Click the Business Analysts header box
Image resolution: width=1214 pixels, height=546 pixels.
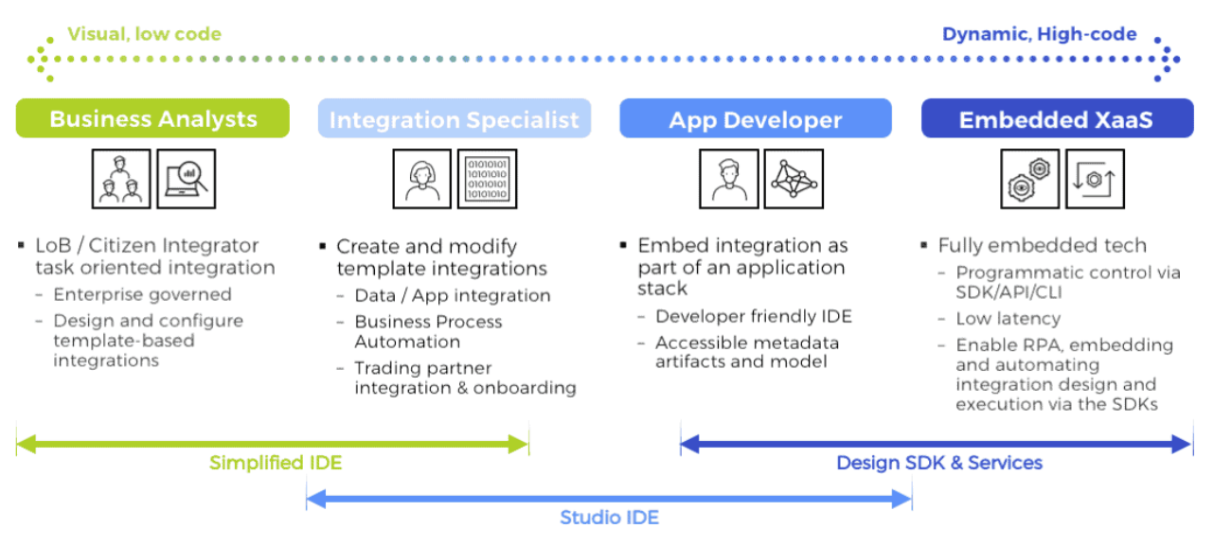(x=152, y=118)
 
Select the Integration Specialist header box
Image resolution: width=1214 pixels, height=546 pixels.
(x=455, y=119)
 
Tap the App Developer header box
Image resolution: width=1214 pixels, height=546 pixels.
(x=755, y=119)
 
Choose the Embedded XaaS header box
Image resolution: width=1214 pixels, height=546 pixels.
(x=1057, y=119)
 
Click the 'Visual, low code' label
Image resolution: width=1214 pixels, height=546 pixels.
(x=144, y=35)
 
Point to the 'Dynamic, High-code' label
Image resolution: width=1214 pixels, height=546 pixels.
(x=1039, y=35)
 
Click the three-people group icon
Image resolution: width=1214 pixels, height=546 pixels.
(x=121, y=179)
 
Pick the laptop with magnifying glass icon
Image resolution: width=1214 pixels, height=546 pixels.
(x=186, y=179)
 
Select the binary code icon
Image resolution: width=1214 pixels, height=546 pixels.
(x=488, y=179)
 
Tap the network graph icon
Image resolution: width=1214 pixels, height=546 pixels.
(x=794, y=179)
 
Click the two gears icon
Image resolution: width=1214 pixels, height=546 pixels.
(x=1029, y=179)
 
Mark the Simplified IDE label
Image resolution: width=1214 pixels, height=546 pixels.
(x=276, y=464)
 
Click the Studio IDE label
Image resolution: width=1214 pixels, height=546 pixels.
(x=609, y=518)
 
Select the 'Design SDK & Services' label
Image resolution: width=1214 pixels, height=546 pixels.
(x=939, y=464)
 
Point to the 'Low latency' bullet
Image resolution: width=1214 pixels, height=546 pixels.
(x=1008, y=319)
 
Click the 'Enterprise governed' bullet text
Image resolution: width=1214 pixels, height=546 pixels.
(x=142, y=295)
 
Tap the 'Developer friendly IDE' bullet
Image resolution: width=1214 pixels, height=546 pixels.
(x=753, y=317)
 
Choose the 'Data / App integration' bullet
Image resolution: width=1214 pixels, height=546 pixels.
(x=452, y=296)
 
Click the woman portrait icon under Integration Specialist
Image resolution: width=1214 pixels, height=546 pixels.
(x=422, y=179)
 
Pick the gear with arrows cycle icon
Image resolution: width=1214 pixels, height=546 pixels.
(x=1095, y=179)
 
